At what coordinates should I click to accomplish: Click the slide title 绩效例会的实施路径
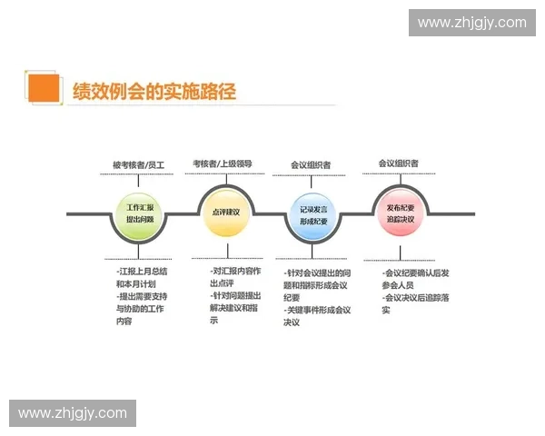(x=154, y=90)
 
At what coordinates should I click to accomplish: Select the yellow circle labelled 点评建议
(x=225, y=212)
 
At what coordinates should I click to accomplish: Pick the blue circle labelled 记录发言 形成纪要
(x=312, y=214)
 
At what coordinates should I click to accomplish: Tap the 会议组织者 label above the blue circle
(x=311, y=165)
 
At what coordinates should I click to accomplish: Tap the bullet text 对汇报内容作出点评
(x=235, y=277)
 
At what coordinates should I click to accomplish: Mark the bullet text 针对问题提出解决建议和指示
(x=235, y=308)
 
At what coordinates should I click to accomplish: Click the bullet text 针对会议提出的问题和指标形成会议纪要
(x=317, y=285)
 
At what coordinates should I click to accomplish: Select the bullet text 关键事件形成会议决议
(x=317, y=316)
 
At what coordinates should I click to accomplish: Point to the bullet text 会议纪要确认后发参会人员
(x=417, y=278)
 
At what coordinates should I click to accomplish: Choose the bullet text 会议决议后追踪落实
(x=417, y=303)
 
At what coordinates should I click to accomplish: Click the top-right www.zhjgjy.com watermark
(x=471, y=23)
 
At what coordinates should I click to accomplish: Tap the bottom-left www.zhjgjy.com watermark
(x=73, y=413)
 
